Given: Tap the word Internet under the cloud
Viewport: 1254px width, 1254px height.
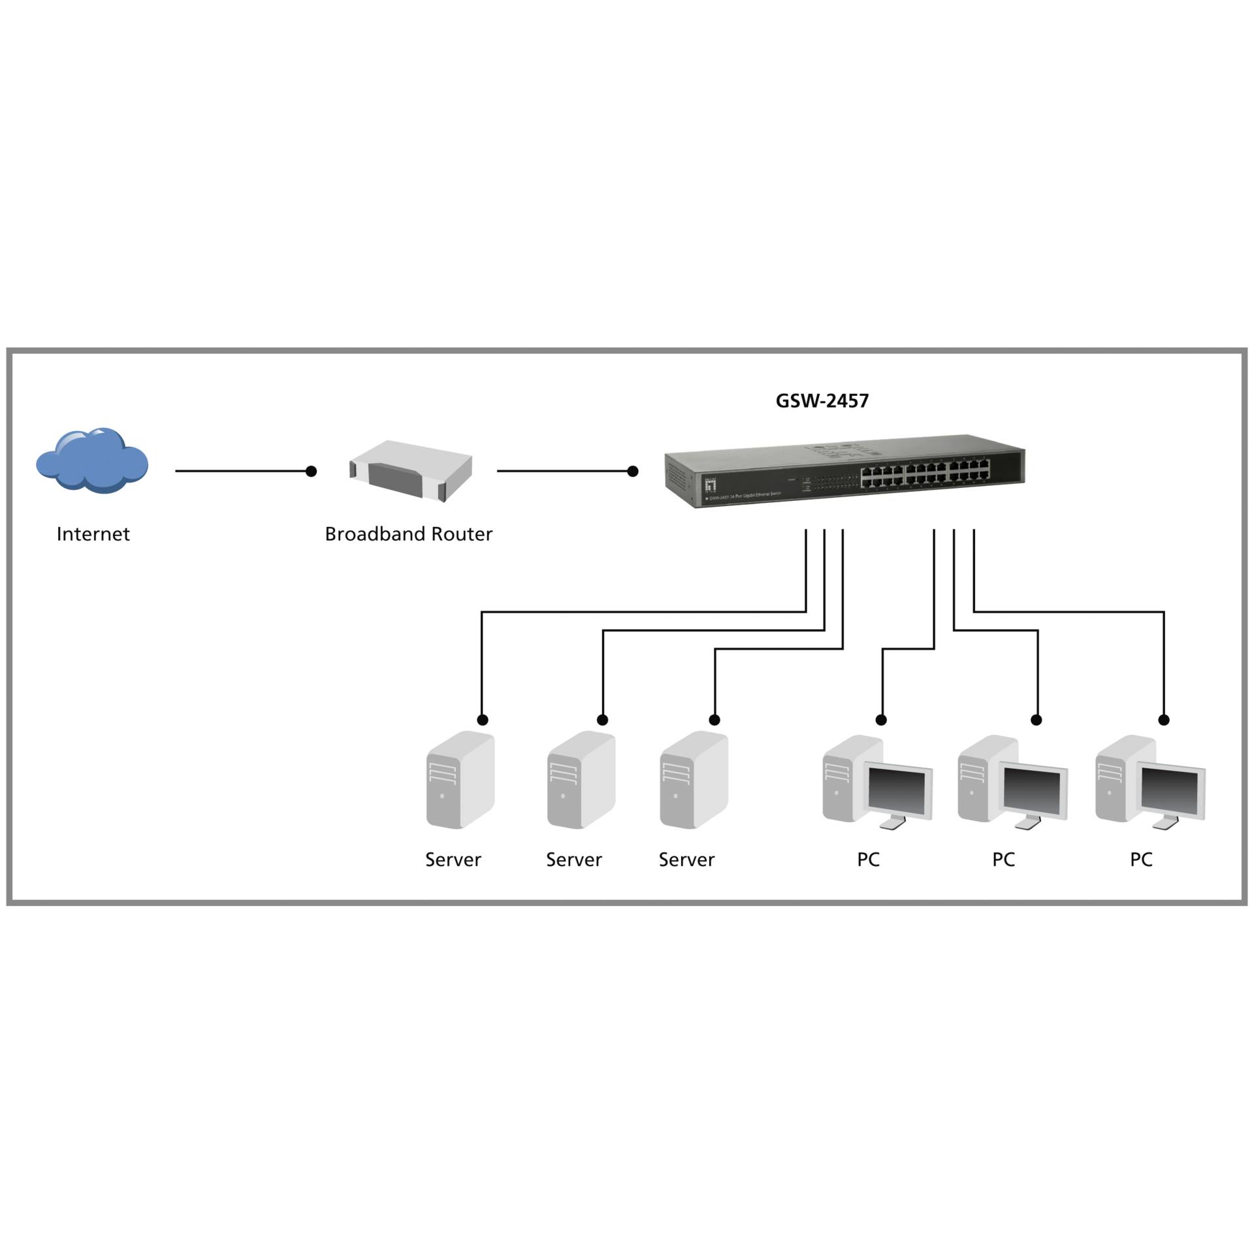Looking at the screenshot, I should pyautogui.click(x=93, y=534).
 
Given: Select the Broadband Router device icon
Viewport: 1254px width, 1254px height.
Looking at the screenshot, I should pyautogui.click(x=411, y=470).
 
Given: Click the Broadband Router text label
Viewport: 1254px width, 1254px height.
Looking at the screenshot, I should pyautogui.click(x=408, y=534).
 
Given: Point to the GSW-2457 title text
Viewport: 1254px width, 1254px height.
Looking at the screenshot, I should pyautogui.click(x=822, y=401).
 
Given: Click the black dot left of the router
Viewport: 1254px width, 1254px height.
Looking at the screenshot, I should pyautogui.click(x=312, y=471).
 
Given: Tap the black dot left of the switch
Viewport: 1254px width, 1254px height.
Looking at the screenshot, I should pyautogui.click(x=632, y=471).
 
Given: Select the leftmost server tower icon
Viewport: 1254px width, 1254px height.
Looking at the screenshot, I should pyautogui.click(x=460, y=780).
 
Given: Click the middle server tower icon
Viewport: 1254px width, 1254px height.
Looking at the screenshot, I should pyautogui.click(x=581, y=780).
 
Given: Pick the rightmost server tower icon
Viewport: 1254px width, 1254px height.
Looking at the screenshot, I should pyautogui.click(x=693, y=780).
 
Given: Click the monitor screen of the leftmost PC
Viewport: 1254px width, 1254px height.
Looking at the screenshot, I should pyautogui.click(x=897, y=792).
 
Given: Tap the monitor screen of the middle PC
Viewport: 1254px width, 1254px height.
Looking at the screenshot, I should pyautogui.click(x=1033, y=792).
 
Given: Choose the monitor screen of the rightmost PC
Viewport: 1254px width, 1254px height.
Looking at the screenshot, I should pyautogui.click(x=1170, y=792).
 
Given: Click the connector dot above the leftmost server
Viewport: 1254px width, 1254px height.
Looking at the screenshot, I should pyautogui.click(x=483, y=720).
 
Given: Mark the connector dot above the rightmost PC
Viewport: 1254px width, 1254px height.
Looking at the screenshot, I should pyautogui.click(x=1164, y=720).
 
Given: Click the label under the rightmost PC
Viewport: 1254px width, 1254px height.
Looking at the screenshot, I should pyautogui.click(x=1141, y=860).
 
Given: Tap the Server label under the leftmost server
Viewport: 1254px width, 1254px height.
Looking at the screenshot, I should pyautogui.click(x=453, y=860).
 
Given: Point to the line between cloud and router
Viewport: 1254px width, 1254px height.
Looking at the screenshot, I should pyautogui.click(x=242, y=471).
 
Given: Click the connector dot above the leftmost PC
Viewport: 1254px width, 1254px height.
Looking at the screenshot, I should pyautogui.click(x=881, y=720).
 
